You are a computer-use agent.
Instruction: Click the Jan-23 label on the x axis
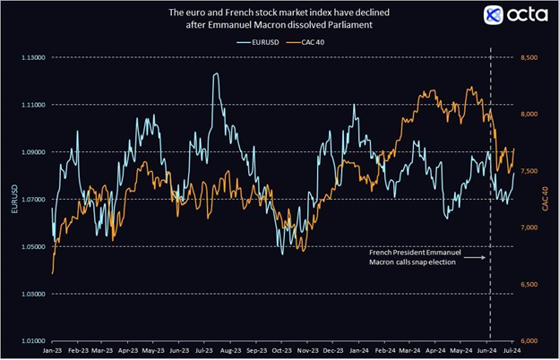tap(53, 353)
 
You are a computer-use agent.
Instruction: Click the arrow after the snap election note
tap(477, 258)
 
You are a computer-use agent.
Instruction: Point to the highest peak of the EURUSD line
tap(216, 74)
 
